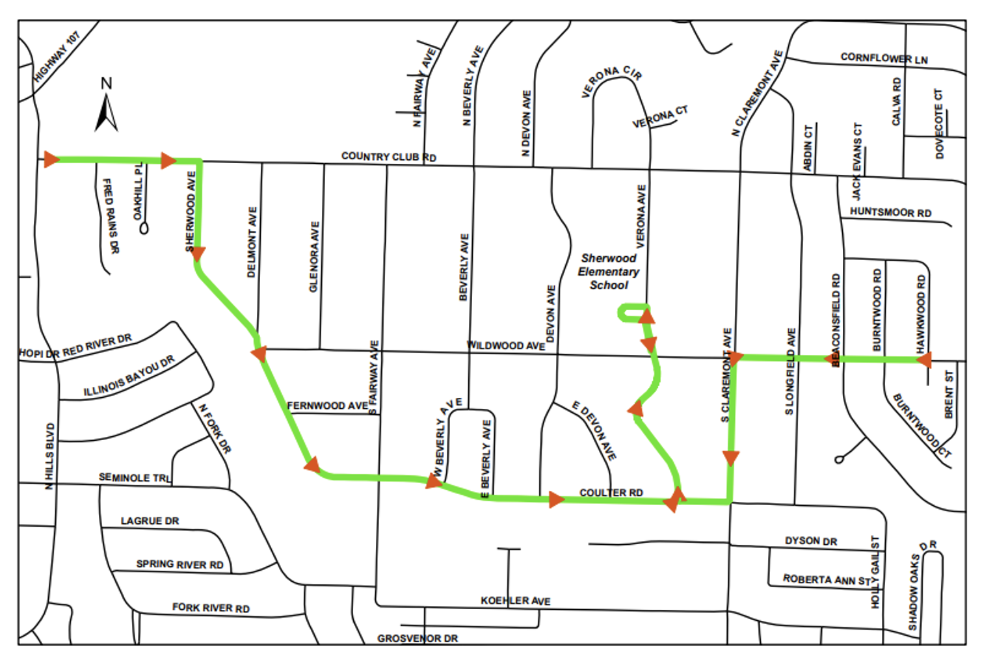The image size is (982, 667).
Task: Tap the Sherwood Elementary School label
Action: (x=608, y=272)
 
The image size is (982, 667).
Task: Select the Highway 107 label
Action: (x=57, y=57)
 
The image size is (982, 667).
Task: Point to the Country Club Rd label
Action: (x=388, y=157)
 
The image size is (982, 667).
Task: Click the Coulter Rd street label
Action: (x=611, y=493)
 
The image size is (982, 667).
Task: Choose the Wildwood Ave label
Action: (x=505, y=345)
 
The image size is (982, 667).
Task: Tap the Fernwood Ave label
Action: (x=327, y=406)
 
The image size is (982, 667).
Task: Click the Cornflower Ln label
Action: (x=884, y=58)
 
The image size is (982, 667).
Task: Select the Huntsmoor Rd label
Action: (x=890, y=212)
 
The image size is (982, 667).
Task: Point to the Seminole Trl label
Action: (x=134, y=478)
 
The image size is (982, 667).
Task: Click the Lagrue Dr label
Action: (x=150, y=521)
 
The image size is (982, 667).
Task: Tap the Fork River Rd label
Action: (x=211, y=608)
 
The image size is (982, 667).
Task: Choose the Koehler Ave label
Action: (x=515, y=601)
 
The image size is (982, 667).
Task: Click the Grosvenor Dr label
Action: (x=418, y=638)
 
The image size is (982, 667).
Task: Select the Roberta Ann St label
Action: (x=827, y=579)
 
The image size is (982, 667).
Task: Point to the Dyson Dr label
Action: (x=810, y=541)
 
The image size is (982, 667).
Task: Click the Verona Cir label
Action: (x=611, y=80)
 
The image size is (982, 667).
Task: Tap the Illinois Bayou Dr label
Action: (x=129, y=376)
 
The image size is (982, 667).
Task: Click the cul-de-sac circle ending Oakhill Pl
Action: (x=144, y=228)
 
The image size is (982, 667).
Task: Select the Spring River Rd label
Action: (x=179, y=564)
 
